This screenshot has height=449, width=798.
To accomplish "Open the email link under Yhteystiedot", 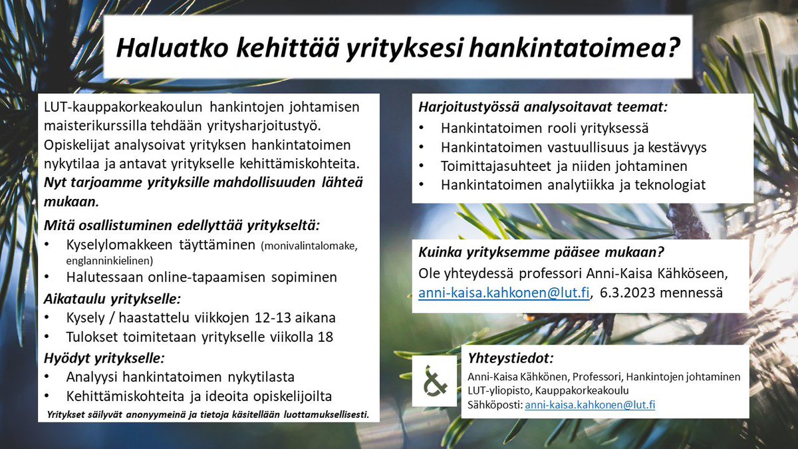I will (x=590, y=404).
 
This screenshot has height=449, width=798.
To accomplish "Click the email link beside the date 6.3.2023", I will (x=503, y=293).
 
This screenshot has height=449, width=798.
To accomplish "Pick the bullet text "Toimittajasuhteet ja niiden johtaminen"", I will (x=564, y=166).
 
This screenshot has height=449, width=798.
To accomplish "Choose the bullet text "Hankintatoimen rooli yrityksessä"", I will (x=545, y=128).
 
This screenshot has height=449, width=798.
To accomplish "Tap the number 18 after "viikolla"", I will (x=326, y=337).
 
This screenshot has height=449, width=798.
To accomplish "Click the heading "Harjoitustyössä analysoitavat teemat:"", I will (x=543, y=106).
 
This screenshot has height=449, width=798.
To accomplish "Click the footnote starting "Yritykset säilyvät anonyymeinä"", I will (x=208, y=415).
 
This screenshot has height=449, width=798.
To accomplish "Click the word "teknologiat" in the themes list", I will (x=671, y=186).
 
